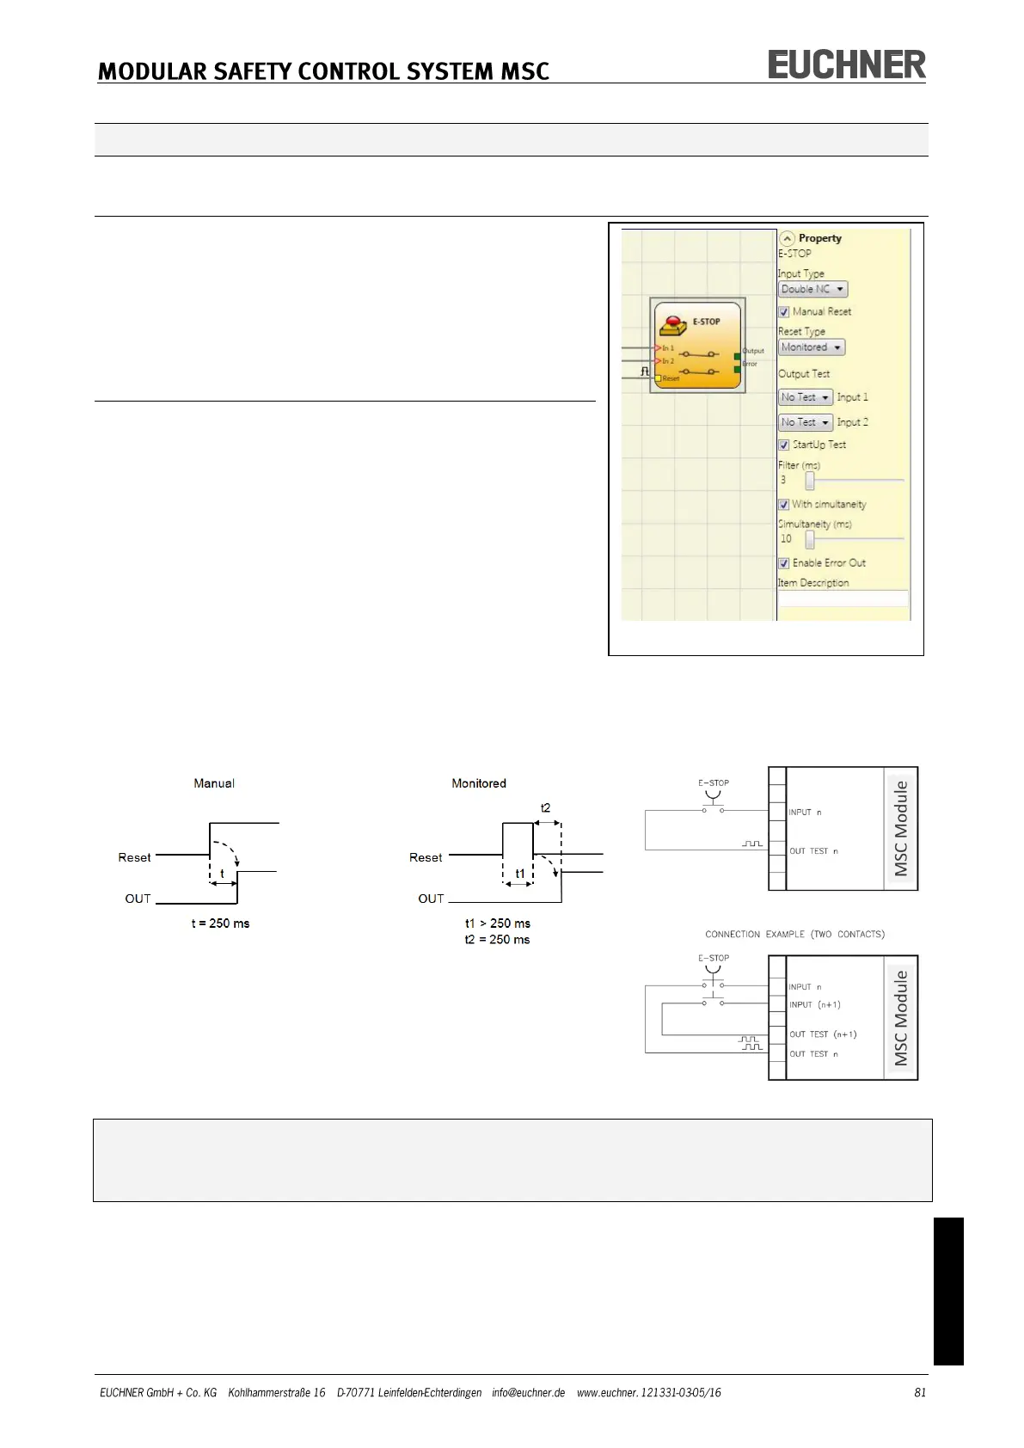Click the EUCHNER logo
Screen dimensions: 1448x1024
[x=846, y=64]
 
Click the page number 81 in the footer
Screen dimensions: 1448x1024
[x=920, y=1392]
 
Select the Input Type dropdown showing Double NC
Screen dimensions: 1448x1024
[x=812, y=290]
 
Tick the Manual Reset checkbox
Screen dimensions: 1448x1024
[x=784, y=312]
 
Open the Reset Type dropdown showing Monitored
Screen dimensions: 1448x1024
[x=812, y=347]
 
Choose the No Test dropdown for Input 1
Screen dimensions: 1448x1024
[x=806, y=397]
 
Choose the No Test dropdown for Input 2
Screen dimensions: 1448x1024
[x=806, y=422]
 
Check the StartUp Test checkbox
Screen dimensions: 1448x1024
[x=784, y=445]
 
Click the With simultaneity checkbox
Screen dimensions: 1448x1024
[x=784, y=505]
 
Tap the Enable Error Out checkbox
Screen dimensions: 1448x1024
[x=784, y=563]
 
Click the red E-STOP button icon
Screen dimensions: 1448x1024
[x=672, y=325]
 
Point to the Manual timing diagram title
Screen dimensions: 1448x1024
[x=214, y=783]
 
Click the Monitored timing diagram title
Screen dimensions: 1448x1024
[x=479, y=783]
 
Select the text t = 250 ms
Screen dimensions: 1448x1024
[x=220, y=923]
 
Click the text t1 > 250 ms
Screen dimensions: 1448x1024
[x=498, y=923]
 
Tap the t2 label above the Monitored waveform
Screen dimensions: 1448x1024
[x=545, y=808]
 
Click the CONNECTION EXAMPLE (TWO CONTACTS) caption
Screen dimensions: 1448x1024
[x=794, y=934]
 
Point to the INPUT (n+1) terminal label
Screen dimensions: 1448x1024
[x=814, y=1004]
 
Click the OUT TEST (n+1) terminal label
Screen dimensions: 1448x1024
[x=823, y=1034]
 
